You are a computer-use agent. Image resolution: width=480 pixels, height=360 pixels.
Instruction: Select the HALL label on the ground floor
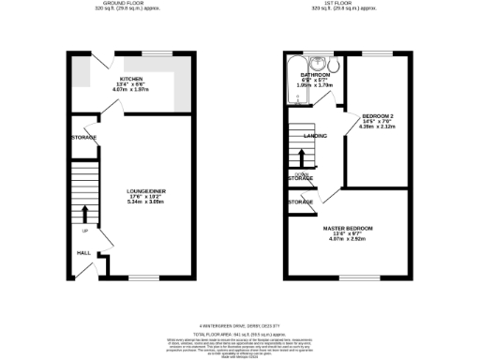click(83, 252)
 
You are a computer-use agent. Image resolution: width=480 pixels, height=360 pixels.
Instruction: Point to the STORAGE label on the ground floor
click(83, 138)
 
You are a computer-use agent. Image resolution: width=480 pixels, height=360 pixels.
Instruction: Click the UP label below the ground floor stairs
click(84, 231)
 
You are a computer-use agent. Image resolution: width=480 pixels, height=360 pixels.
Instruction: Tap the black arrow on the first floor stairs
click(301, 157)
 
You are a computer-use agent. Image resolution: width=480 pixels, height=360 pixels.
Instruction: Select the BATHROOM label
click(315, 74)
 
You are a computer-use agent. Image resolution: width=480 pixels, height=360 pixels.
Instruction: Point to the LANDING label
click(315, 136)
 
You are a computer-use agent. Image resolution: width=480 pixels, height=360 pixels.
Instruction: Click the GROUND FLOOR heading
click(129, 5)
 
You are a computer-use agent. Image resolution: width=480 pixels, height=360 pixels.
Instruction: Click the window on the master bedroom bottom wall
click(353, 278)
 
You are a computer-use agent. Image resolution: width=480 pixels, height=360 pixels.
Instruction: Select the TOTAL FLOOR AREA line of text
click(239, 333)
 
